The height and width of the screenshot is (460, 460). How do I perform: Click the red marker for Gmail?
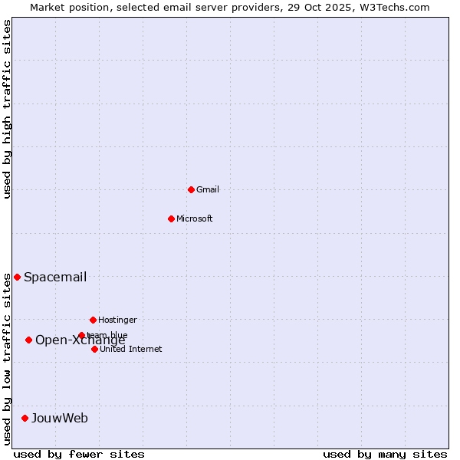(191, 189)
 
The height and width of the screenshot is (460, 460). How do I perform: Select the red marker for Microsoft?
(171, 219)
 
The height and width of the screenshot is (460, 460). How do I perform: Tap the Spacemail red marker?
(17, 277)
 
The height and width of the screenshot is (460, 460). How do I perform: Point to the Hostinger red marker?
(93, 320)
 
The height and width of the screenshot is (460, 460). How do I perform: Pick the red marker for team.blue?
(81, 335)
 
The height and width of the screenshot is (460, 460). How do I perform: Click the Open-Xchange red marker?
(28, 340)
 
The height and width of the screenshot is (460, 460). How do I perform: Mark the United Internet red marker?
(94, 349)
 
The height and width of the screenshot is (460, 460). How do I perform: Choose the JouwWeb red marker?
(25, 418)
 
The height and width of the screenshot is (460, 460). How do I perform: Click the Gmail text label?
(208, 189)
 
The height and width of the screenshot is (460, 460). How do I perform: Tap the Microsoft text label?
(195, 219)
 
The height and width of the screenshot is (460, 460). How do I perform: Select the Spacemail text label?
(55, 278)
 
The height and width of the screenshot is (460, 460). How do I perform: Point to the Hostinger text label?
(117, 320)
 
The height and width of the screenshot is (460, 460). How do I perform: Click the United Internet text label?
(131, 349)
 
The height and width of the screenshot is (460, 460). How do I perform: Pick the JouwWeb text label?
(60, 419)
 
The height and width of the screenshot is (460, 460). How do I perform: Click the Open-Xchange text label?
(80, 341)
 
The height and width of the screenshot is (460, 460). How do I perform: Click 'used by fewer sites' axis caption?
(79, 454)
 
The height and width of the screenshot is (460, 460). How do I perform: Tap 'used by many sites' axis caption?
(385, 454)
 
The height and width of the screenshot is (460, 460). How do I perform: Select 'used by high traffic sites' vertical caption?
(7, 109)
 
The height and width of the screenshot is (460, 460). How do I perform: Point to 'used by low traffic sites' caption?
(7, 358)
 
